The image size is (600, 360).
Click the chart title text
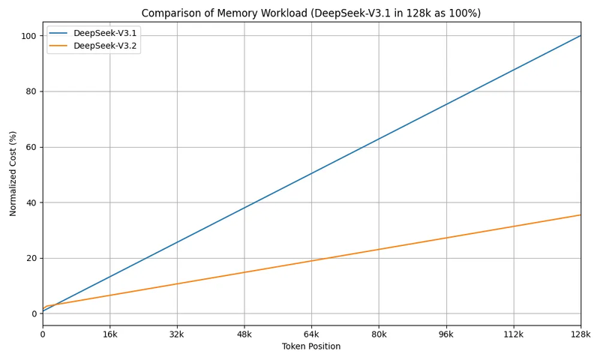pyautogui.click(x=322, y=13)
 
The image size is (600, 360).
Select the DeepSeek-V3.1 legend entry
pyautogui.click(x=105, y=34)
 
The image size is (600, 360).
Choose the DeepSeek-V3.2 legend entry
pyautogui.click(x=105, y=46)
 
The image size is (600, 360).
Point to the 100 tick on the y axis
pyautogui.click(x=29, y=36)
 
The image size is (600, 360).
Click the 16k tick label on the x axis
pyautogui.click(x=109, y=334)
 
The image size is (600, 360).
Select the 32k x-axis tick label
pyautogui.click(x=177, y=334)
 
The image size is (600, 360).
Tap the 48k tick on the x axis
pyautogui.click(x=244, y=334)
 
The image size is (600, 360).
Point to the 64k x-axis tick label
pyautogui.click(x=311, y=334)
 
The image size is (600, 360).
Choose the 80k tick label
pyautogui.click(x=379, y=334)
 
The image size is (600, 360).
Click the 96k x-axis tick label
pyautogui.click(x=446, y=334)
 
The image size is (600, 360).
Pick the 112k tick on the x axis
pyautogui.click(x=514, y=334)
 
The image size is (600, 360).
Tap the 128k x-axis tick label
pyautogui.click(x=580, y=334)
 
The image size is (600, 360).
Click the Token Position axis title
pyautogui.click(x=311, y=346)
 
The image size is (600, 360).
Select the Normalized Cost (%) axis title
pyautogui.click(x=13, y=173)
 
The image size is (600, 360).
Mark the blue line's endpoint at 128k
pyautogui.click(x=580, y=35)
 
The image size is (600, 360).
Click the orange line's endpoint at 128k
pyautogui.click(x=580, y=214)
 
